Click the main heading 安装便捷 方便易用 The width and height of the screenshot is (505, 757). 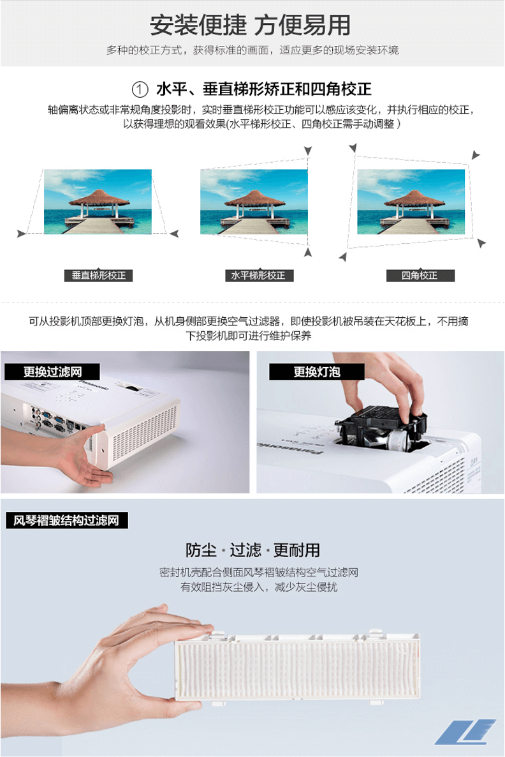click(x=250, y=25)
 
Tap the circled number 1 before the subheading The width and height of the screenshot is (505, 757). click(x=140, y=89)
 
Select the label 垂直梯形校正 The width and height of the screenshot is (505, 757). click(x=98, y=275)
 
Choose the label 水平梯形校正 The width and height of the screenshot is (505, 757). click(x=259, y=275)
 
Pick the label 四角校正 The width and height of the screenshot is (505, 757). click(x=420, y=275)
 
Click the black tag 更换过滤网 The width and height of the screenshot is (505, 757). click(x=52, y=371)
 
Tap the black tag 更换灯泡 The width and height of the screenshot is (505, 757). click(x=316, y=371)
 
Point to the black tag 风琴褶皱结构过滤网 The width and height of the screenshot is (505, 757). click(x=66, y=520)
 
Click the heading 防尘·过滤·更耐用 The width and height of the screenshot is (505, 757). click(x=252, y=550)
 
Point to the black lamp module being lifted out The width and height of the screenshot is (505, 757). click(x=381, y=425)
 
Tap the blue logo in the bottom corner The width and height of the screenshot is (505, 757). click(x=465, y=731)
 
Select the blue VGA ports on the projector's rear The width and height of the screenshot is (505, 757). click(x=52, y=419)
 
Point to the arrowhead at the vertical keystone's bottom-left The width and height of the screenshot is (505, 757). click(x=21, y=234)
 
